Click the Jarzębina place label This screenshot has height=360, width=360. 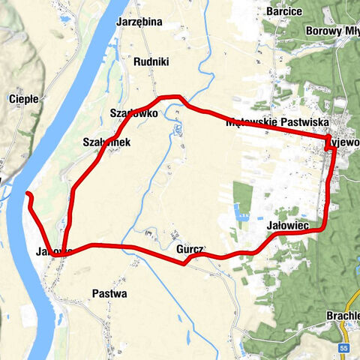click(x=139, y=22)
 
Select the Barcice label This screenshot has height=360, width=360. click(x=283, y=11)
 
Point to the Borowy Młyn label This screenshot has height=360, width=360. click(x=332, y=31)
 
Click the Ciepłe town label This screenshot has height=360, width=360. click(x=19, y=98)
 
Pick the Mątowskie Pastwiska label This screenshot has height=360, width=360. click(x=283, y=121)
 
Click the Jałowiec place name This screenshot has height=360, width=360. click(x=287, y=224)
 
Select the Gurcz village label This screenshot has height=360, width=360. click(x=190, y=249)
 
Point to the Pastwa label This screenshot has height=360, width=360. click(x=109, y=293)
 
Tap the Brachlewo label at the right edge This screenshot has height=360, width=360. click(x=343, y=316)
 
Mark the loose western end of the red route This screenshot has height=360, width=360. click(x=28, y=195)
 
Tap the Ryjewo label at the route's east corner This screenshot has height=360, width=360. click(x=343, y=141)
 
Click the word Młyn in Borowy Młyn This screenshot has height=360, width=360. click(x=346, y=31)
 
